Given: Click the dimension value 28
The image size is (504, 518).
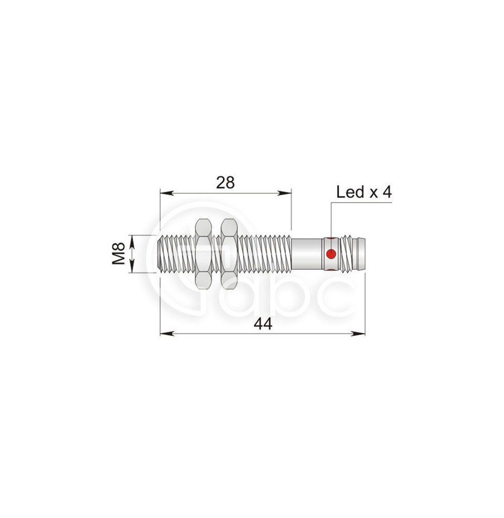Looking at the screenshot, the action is click(225, 182).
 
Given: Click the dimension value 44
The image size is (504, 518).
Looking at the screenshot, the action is click(263, 324).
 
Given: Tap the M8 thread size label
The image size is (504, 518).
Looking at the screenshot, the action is click(118, 254).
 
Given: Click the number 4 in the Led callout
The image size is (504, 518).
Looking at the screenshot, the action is click(387, 192).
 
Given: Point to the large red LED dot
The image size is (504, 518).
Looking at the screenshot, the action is click(331, 254).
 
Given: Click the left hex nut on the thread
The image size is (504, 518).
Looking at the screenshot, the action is click(204, 254).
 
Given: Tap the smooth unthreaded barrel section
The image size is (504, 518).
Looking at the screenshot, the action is click(306, 254).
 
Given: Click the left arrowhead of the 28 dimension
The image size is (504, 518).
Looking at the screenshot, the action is click(167, 193).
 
